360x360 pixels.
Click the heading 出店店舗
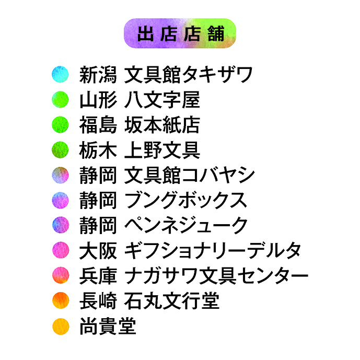pos(181,33)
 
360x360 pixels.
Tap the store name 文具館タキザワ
pos(188,75)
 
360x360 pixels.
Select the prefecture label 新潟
pos(98,75)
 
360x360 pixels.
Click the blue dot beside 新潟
pos(60,74)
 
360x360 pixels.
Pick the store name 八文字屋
pos(162,100)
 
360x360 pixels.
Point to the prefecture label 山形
pos(98,100)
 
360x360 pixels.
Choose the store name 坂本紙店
pos(162,125)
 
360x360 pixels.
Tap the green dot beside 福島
pos(60,125)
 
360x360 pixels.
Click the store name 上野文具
pos(162,150)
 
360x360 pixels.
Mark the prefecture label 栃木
pos(98,150)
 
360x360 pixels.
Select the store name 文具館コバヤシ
pos(190,175)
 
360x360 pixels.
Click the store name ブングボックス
pos(185,200)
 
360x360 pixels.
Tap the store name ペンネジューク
pos(186,226)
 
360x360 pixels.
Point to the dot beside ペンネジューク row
pos(61,225)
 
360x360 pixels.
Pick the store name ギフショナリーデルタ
pos(213,250)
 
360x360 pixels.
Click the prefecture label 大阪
pos(98,250)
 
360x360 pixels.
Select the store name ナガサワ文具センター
pos(216,276)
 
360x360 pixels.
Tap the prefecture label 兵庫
pos(98,276)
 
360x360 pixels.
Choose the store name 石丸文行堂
pos(172,301)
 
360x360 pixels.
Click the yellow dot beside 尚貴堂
pos(61,326)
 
